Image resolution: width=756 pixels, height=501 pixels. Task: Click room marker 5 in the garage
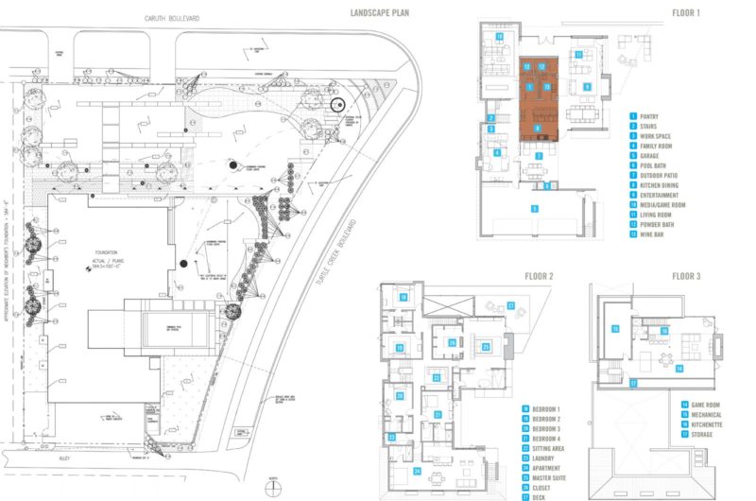coord(534,208)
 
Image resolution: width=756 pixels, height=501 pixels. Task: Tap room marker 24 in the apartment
coord(418,470)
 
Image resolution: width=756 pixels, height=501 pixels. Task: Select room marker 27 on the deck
coord(510,305)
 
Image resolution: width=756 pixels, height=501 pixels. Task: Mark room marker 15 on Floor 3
coord(615,328)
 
